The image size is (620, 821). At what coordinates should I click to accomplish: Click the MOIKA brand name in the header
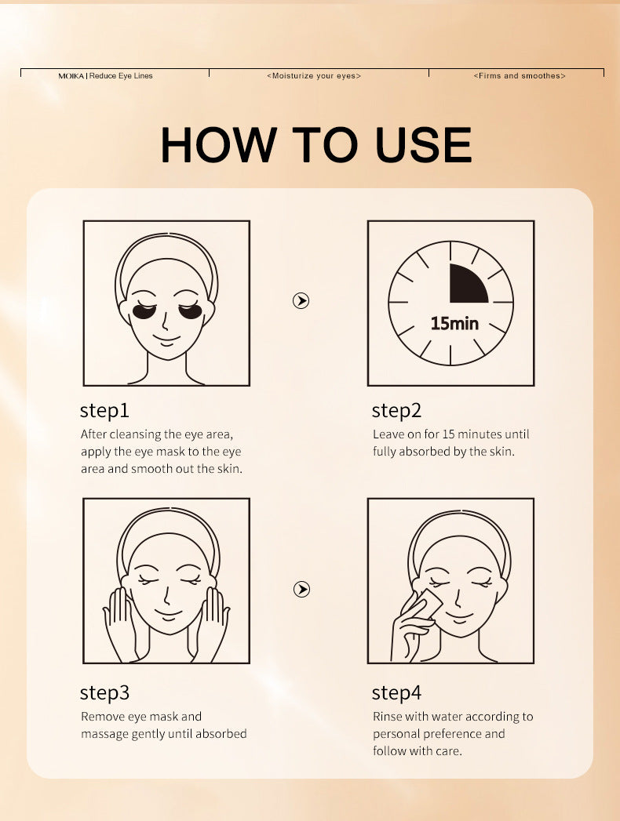click(71, 76)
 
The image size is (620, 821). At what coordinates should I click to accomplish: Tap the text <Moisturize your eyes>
click(314, 76)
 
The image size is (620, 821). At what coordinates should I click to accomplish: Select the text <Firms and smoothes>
click(520, 76)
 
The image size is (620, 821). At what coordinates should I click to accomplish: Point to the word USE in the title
click(424, 144)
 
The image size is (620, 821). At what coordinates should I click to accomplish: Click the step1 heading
click(104, 411)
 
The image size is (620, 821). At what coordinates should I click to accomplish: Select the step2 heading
click(396, 411)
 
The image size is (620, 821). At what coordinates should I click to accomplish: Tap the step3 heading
click(104, 692)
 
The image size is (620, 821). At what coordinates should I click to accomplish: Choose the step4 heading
click(396, 692)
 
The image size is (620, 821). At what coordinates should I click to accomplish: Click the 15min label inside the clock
click(454, 323)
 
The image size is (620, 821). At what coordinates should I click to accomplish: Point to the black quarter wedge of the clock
click(465, 286)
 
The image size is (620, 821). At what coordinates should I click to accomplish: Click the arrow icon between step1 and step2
click(301, 300)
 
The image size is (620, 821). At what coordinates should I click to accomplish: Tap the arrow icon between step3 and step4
click(301, 589)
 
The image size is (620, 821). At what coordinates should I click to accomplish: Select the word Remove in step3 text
click(102, 716)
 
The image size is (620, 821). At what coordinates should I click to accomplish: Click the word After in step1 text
click(93, 434)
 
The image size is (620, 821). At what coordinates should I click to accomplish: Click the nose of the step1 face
click(165, 321)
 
